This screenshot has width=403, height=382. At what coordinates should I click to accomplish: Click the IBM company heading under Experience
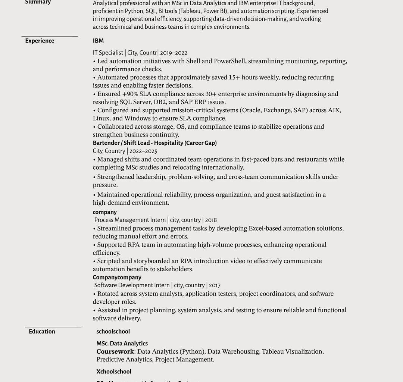tap(98, 41)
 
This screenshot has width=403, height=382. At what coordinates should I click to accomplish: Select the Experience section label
tap(40, 41)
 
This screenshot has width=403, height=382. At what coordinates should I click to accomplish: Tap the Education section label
tap(42, 331)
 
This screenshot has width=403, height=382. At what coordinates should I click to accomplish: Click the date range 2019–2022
tap(174, 53)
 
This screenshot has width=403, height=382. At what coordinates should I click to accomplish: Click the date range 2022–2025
tap(143, 151)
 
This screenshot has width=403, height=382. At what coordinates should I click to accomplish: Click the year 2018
tap(211, 220)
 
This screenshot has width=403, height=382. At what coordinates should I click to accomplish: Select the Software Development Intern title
tap(132, 285)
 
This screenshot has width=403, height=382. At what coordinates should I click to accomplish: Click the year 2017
tap(215, 285)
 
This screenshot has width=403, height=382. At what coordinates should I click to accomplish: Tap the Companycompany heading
tap(117, 277)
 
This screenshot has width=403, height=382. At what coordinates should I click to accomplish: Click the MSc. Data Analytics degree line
tap(122, 343)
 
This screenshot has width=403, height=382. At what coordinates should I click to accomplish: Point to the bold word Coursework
tap(115, 351)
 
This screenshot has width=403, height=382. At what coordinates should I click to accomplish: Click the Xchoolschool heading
tap(114, 371)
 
